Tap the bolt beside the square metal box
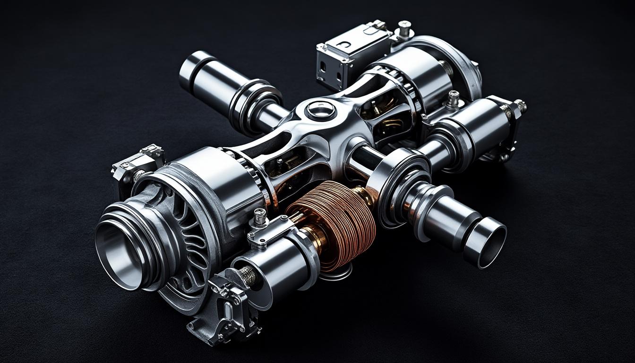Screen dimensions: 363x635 click(405, 29)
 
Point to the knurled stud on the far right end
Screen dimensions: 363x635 click(520, 106)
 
